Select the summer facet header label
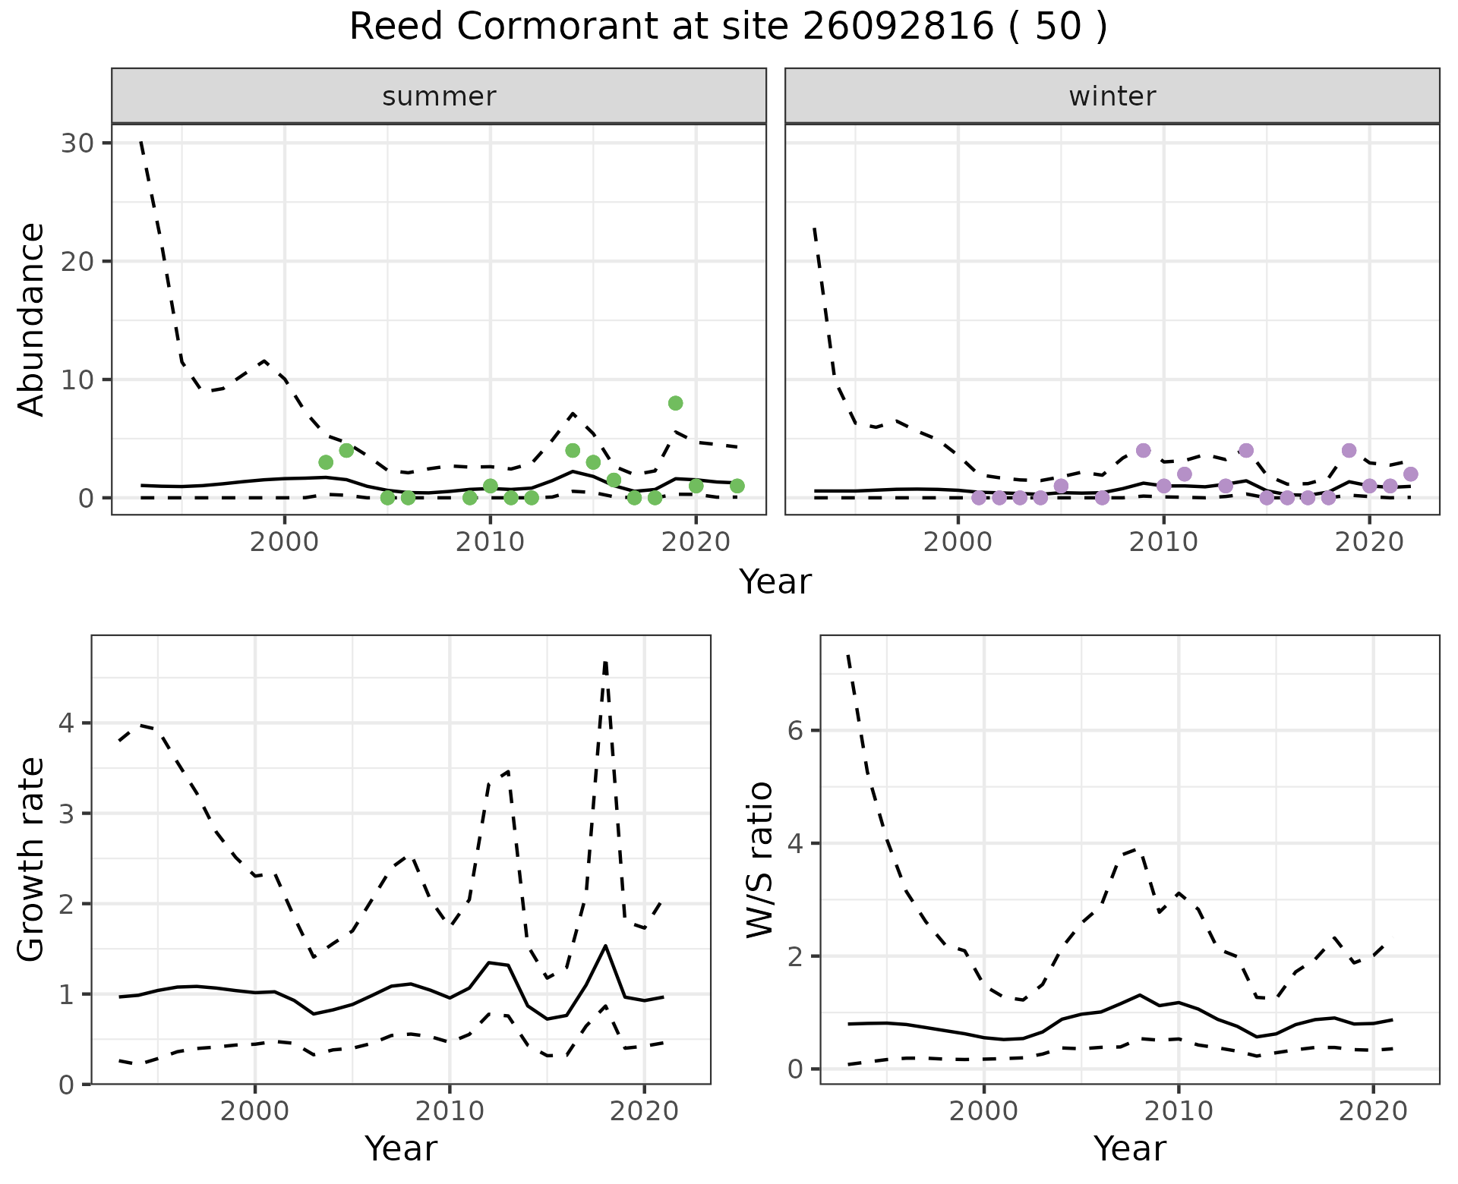[439, 96]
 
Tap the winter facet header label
[1112, 96]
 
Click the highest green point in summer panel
[675, 403]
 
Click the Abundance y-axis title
[32, 320]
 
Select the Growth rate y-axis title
[32, 860]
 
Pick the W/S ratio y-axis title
[759, 860]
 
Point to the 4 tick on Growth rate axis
[66, 723]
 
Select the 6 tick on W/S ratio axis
[795, 731]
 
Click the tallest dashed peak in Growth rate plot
[605, 663]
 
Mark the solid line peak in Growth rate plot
[605, 946]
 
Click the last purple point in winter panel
[1410, 474]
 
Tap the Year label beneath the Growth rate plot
[401, 1148]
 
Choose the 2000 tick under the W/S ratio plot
[983, 1112]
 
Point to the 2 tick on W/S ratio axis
[795, 956]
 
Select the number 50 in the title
[1058, 27]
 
